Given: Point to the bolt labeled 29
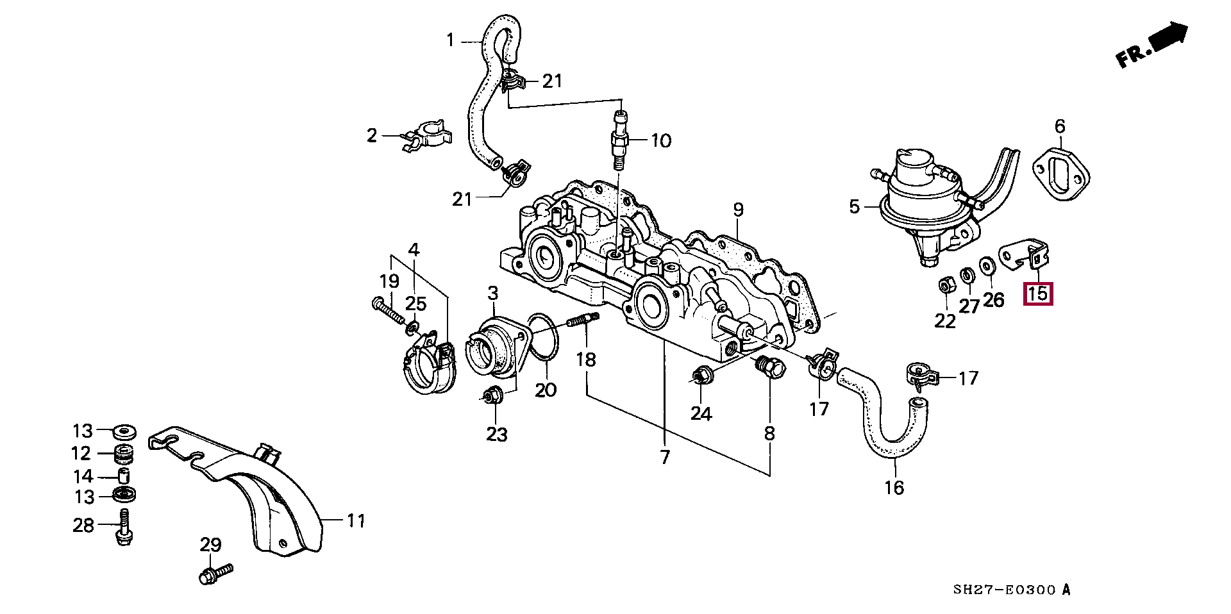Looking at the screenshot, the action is tap(215, 573).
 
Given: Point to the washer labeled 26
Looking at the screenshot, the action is tap(987, 264).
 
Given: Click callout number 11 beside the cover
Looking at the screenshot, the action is tap(356, 522).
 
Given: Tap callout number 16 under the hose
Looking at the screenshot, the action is tap(894, 487).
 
